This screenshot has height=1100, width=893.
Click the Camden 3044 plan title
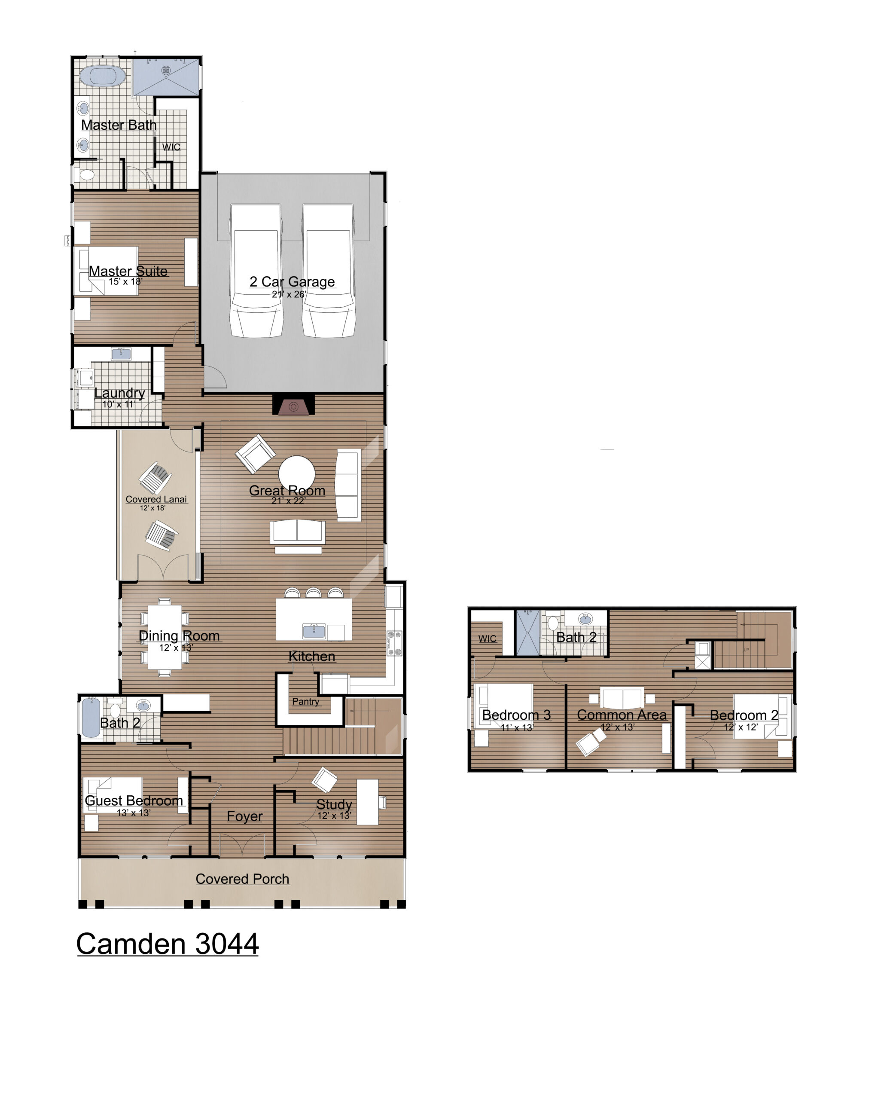pos(167,944)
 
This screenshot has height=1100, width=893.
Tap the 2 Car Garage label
pos(292,281)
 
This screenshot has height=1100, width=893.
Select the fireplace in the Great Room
pos(293,405)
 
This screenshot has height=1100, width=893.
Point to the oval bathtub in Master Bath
pos(107,76)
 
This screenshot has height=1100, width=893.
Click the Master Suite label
pos(128,271)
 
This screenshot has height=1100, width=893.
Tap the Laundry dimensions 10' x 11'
pos(118,404)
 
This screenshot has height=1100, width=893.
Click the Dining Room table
pos(165,637)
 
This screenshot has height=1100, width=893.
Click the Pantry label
pos(305,701)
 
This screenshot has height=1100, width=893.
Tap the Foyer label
pos(244,816)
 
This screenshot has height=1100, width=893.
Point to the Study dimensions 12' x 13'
pos(334,815)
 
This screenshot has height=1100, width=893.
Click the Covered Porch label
pos(242,879)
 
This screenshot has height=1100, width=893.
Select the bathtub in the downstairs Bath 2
pos(91,718)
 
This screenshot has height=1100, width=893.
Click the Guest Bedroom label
pos(134,800)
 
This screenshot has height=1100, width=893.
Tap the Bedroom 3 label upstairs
pos(516,715)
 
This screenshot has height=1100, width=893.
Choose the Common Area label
pos(622,715)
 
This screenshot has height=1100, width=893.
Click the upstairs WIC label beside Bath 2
pos(487,639)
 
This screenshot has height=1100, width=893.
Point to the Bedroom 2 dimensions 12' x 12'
pos(741,727)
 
